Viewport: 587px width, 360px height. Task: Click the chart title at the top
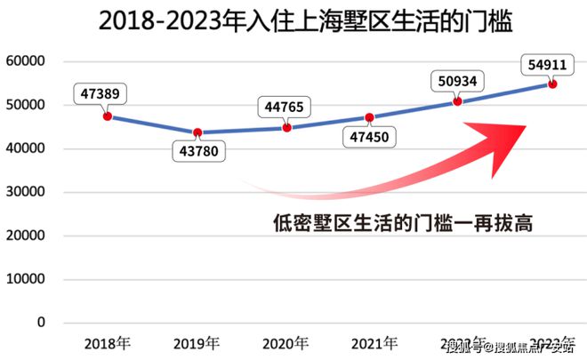pos(293,21)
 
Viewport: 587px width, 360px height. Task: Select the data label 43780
pos(197,152)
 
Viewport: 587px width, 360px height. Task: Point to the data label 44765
pos(286,108)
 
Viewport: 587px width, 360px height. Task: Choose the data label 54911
pos(551,63)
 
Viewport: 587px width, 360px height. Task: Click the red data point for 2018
pos(108,116)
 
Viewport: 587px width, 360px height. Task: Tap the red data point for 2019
pos(197,132)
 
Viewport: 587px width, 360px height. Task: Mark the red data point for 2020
pos(286,127)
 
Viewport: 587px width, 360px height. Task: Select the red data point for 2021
pos(370,117)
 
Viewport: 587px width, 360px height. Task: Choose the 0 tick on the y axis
pos(41,323)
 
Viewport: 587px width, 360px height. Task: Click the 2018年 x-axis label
pos(108,343)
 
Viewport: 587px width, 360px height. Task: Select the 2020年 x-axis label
pos(286,343)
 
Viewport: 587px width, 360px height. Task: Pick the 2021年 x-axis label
pos(374,343)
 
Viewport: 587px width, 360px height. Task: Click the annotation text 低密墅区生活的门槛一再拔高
pos(402,223)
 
